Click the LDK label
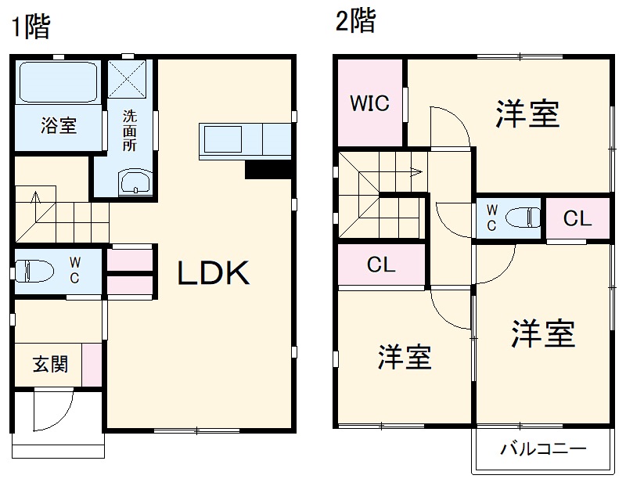(212, 273)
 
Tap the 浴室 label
(59, 125)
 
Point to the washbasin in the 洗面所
(135, 183)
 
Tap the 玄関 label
(49, 364)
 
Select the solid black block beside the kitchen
(268, 170)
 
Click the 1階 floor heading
(30, 27)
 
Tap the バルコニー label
(542, 450)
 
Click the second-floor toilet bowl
(523, 217)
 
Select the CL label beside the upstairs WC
(577, 219)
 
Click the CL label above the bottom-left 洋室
(381, 265)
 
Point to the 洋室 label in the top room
(527, 114)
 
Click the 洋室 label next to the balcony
(542, 334)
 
